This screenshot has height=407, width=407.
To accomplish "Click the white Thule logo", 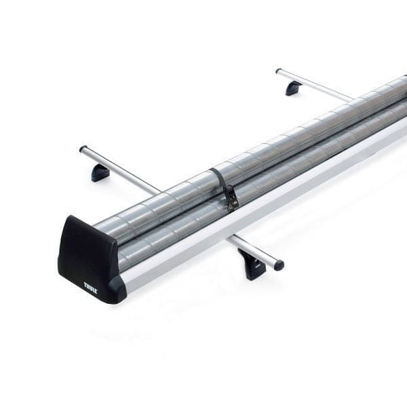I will (x=91, y=287).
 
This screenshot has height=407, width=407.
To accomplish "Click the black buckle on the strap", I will (x=231, y=198).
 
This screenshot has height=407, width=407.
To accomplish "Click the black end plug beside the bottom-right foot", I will (x=279, y=265).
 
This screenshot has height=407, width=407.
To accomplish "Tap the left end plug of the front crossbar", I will (x=83, y=149).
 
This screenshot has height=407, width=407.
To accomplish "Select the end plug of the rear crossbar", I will (x=278, y=71).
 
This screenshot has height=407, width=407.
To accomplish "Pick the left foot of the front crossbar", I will (x=100, y=173).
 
